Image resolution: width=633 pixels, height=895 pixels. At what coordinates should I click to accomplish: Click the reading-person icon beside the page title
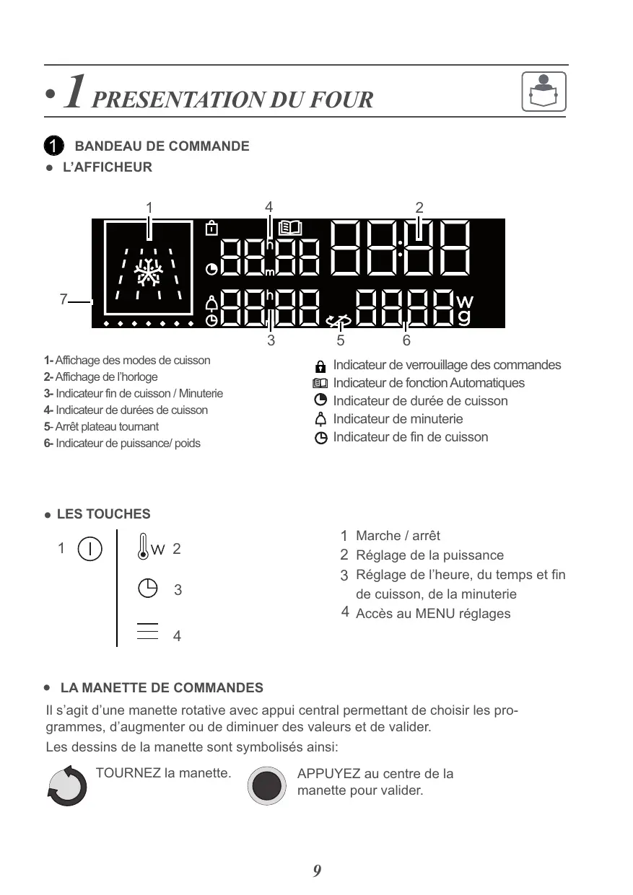pyautogui.click(x=543, y=92)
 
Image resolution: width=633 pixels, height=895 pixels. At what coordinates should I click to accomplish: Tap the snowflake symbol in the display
pyautogui.click(x=149, y=274)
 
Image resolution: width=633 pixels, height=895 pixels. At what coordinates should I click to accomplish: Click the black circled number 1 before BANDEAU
pyautogui.click(x=53, y=146)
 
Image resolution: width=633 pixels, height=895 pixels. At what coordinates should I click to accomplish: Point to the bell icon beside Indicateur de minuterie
pyautogui.click(x=320, y=420)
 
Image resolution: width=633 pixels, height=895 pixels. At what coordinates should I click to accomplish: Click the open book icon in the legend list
pyautogui.click(x=320, y=384)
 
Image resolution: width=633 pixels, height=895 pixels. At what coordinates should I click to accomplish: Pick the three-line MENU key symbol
pyautogui.click(x=147, y=630)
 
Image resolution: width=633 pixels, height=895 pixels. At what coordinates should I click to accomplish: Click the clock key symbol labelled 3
pyautogui.click(x=147, y=588)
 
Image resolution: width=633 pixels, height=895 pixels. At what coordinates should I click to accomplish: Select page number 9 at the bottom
pyautogui.click(x=317, y=871)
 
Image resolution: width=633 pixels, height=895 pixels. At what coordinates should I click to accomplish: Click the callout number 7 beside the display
pyautogui.click(x=64, y=299)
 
